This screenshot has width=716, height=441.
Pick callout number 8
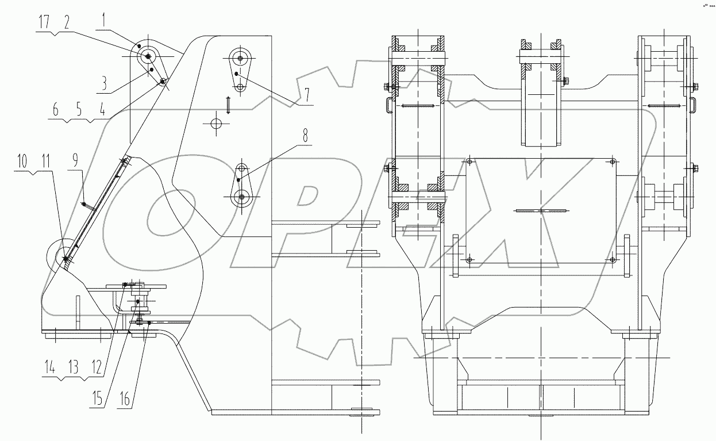(305, 136)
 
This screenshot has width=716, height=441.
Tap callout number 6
(56, 109)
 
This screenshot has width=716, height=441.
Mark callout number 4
(102, 109)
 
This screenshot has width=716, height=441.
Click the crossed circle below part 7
(216, 124)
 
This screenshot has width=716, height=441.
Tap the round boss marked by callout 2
(148, 56)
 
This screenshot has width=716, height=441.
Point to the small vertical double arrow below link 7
(228, 105)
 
